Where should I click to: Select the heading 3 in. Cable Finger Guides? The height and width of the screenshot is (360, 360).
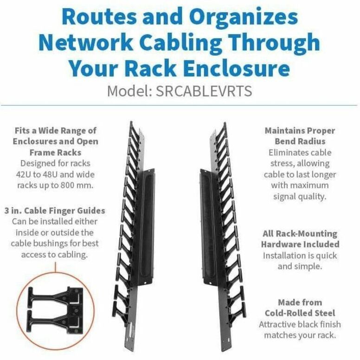point(58,211)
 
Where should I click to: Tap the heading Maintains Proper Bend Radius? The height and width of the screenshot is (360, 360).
point(301,135)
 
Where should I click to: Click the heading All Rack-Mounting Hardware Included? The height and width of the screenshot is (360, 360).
point(300,239)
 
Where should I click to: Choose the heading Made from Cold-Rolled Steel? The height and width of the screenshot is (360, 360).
point(300,308)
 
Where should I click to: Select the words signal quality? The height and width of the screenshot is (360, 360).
point(300,196)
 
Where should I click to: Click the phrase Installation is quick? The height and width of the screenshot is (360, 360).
point(300,256)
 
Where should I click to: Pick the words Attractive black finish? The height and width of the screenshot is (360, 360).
point(300,324)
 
